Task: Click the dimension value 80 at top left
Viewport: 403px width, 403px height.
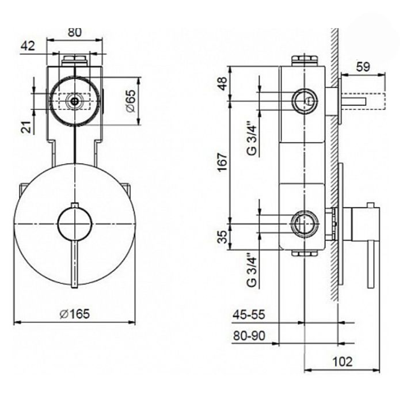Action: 75,32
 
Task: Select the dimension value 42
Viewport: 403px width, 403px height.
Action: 28,46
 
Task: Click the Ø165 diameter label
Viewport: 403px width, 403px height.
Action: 74,314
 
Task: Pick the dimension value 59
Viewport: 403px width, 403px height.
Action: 363,67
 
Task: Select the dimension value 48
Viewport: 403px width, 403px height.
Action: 223,83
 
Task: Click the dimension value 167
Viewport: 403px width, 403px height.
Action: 223,162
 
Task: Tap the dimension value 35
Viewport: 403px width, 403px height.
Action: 223,237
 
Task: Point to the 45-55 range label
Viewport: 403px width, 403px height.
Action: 248,314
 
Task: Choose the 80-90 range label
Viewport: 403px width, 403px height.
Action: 249,336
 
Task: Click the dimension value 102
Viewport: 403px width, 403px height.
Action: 343,362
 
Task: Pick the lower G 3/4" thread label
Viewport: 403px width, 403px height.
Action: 252,271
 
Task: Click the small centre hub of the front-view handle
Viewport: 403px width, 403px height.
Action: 74,224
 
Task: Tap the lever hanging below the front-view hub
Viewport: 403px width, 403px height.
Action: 74,264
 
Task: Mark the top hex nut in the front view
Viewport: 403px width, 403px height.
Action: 75,61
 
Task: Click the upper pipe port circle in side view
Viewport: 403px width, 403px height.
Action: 305,101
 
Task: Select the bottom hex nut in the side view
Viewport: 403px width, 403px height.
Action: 305,253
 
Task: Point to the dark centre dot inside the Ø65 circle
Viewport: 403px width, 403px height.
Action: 75,101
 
